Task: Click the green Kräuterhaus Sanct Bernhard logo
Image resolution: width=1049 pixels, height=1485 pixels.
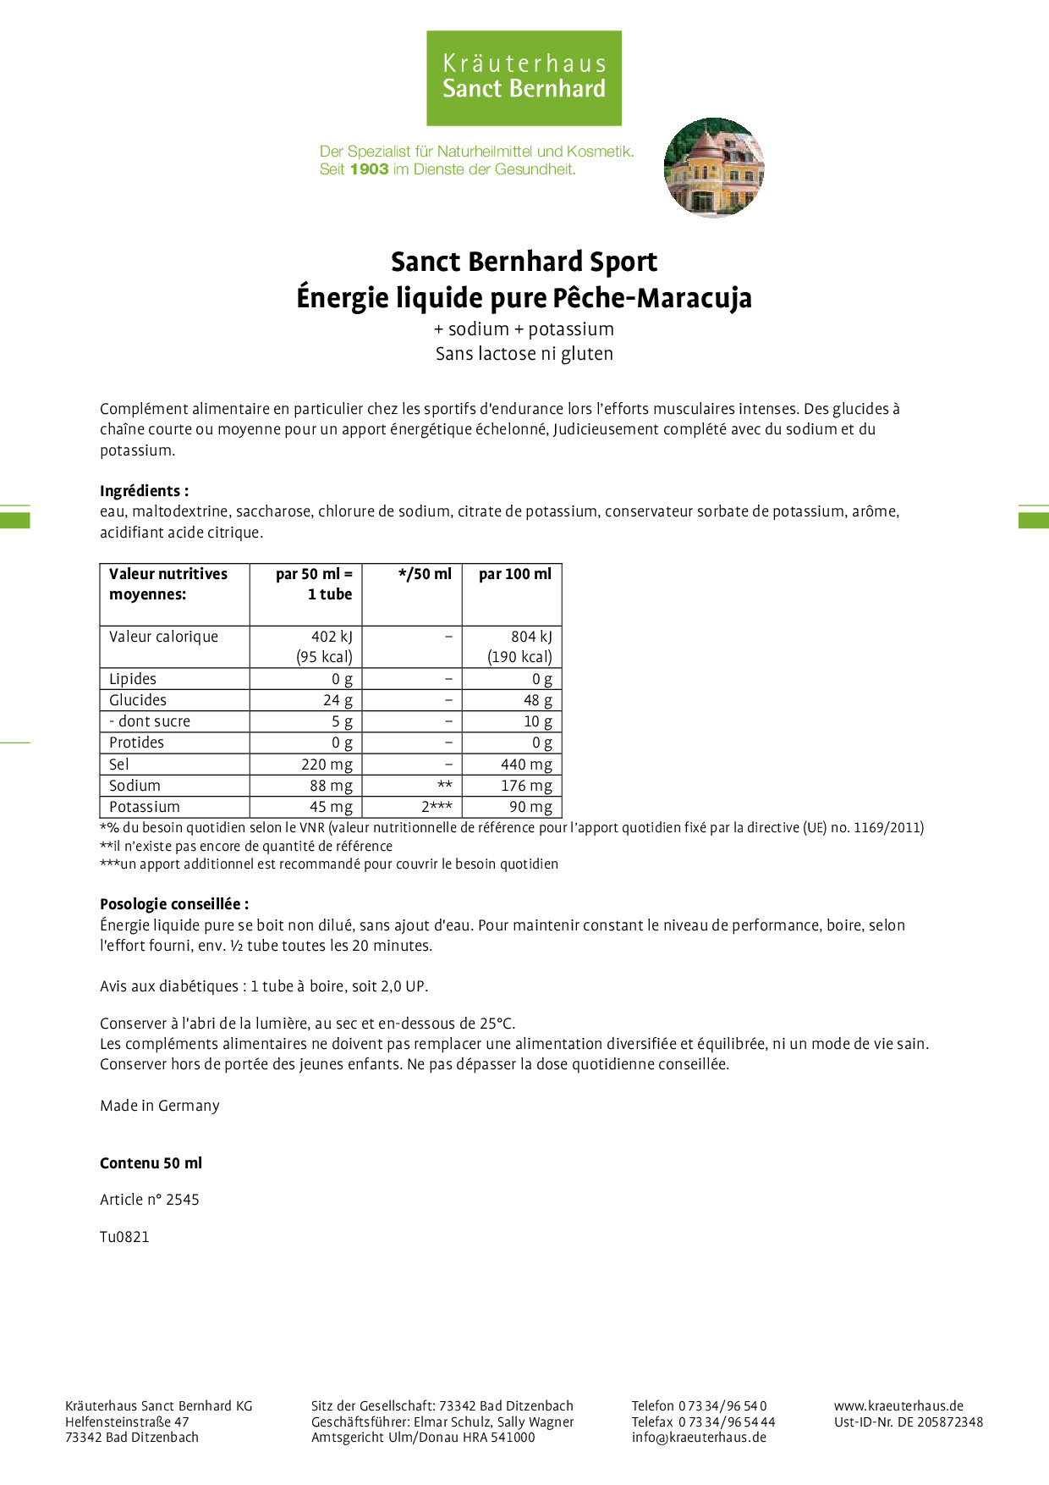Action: pyautogui.click(x=524, y=78)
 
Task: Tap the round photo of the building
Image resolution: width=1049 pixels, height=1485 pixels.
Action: pyautogui.click(x=714, y=167)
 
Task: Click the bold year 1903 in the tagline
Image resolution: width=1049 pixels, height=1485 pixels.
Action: pyautogui.click(x=369, y=169)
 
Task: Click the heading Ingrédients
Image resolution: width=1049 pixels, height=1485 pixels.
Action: pyautogui.click(x=144, y=491)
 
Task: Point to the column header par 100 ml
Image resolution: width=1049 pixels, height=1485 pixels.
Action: pyautogui.click(x=514, y=574)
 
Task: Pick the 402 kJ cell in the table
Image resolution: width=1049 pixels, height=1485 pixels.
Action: pyautogui.click(x=332, y=637)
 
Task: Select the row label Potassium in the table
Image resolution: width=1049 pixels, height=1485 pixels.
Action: pyautogui.click(x=145, y=807)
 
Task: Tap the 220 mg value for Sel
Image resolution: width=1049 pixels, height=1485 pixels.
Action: pyautogui.click(x=327, y=765)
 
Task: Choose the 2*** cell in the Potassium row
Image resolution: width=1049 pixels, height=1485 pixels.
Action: pyautogui.click(x=437, y=807)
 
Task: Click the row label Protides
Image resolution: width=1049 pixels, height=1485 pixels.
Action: pyautogui.click(x=136, y=742)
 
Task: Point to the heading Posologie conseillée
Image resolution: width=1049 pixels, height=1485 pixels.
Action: pyautogui.click(x=174, y=904)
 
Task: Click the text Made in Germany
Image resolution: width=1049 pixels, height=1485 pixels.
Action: pyautogui.click(x=160, y=1106)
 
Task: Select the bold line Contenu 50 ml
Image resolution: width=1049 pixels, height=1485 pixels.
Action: pyautogui.click(x=151, y=1163)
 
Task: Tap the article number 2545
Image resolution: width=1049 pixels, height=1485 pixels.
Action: pyautogui.click(x=183, y=1200)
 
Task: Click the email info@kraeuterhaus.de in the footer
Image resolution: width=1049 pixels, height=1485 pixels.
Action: pyautogui.click(x=699, y=1437)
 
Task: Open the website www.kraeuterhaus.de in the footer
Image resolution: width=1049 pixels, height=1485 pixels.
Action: pyautogui.click(x=898, y=1405)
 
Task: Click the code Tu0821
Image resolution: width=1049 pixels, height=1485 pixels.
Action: pyautogui.click(x=124, y=1237)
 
